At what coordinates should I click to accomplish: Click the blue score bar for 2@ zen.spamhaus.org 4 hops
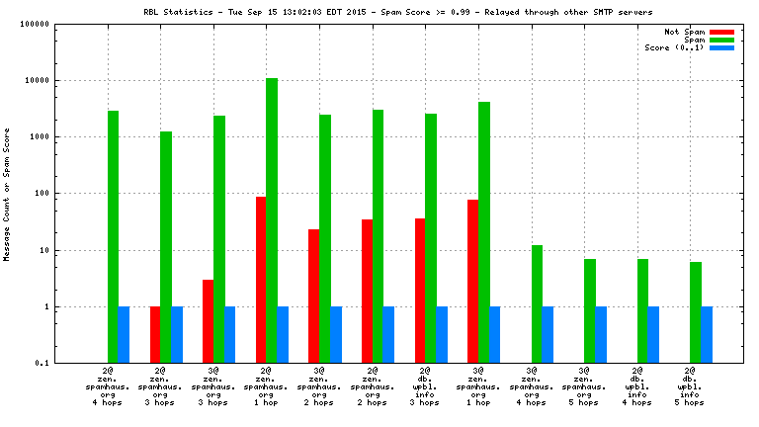[x=124, y=335]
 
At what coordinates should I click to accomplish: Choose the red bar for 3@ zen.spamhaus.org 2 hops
[x=313, y=297]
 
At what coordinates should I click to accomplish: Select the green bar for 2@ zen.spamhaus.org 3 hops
[x=166, y=247]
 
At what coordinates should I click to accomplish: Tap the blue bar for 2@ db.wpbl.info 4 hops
[x=653, y=335]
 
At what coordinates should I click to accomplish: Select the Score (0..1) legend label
[x=675, y=47]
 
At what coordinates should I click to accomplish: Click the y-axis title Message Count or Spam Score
[x=8, y=194]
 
